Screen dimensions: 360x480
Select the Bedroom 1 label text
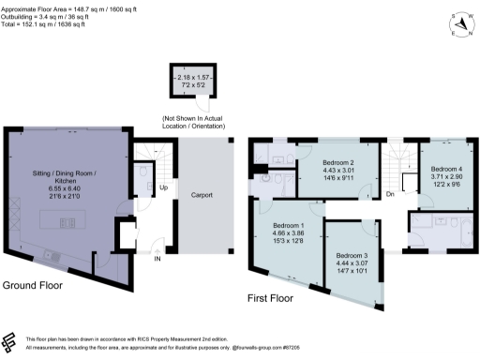click(288, 226)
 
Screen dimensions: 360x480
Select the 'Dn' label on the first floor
click(389, 195)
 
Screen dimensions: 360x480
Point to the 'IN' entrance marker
click(158, 260)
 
